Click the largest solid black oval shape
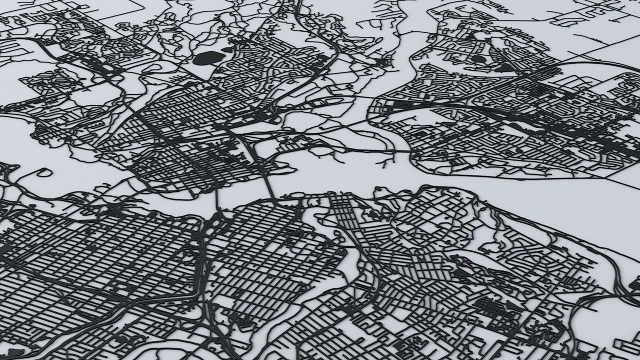(206, 58)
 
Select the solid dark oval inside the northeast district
(478, 59)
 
